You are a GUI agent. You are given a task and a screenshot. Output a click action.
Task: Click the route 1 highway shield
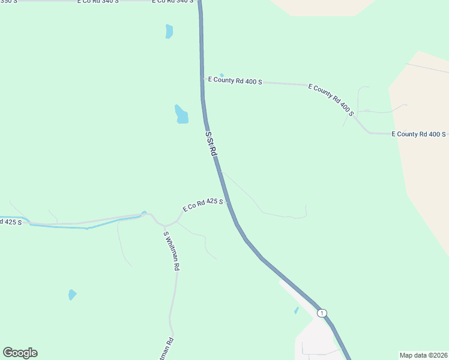tap(322, 313)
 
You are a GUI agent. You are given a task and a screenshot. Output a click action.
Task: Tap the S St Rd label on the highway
tap(210, 145)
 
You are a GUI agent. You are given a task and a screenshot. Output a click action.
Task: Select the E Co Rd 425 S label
tap(203, 205)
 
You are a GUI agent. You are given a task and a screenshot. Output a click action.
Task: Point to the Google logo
tap(20, 353)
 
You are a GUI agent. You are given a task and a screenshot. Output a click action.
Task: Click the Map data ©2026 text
tap(423, 355)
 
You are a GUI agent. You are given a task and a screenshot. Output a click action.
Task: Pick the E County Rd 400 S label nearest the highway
tap(235, 80)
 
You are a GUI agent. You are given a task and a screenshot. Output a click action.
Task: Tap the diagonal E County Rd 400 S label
tap(331, 99)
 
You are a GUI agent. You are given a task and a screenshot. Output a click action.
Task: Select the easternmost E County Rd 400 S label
tap(418, 134)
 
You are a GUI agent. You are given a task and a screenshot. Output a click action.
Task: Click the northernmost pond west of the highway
tap(169, 31)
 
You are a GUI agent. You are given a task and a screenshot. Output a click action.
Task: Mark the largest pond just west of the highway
tap(181, 114)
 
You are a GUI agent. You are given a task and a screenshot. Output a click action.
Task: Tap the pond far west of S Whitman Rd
tap(72, 295)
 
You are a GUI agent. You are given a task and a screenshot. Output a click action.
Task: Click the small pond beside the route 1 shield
tap(297, 310)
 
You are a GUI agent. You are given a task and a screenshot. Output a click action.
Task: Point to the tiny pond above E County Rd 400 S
tap(221, 75)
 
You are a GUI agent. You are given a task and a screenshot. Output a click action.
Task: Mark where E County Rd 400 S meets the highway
tap(202, 79)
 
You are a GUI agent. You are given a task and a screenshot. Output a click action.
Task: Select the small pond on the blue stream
tap(144, 212)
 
